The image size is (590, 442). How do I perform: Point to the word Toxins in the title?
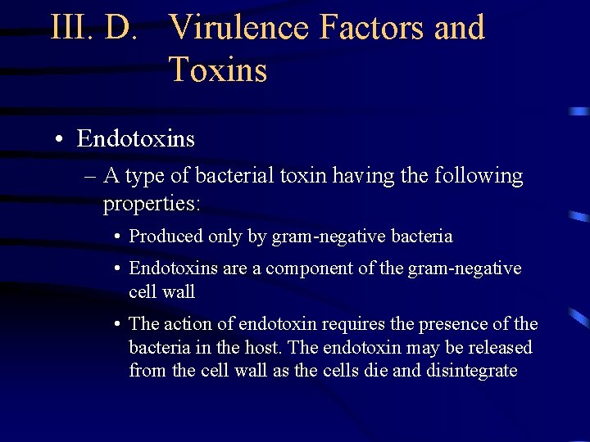(x=218, y=70)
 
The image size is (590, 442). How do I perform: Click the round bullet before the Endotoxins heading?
(x=61, y=140)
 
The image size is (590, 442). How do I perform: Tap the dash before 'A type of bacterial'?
(x=89, y=177)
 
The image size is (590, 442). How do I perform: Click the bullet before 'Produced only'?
(x=119, y=237)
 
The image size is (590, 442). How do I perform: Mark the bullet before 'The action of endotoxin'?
(x=119, y=325)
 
